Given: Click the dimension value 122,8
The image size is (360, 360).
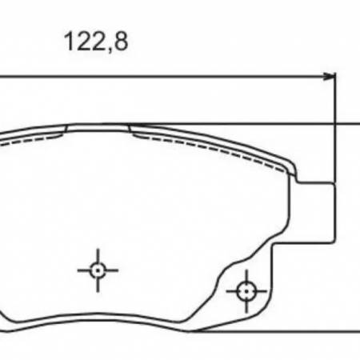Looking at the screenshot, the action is [96, 42].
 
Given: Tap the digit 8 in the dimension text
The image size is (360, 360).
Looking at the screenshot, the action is [122, 41].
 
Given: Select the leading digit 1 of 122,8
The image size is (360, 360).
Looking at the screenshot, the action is [69, 41].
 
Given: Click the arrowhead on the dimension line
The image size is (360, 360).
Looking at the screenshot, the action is [330, 77].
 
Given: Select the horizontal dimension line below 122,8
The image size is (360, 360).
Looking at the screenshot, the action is [167, 77].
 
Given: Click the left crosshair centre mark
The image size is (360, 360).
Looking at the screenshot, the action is [98, 270].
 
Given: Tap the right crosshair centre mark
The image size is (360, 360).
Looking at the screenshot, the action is [246, 291].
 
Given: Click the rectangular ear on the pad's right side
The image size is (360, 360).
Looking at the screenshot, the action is [316, 213].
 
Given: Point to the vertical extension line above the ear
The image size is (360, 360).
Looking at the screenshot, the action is [335, 128].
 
